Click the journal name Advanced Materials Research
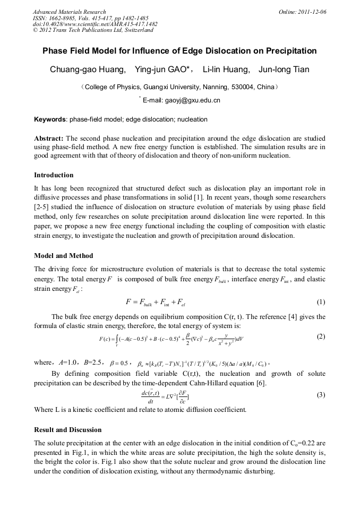click(x=70, y=12)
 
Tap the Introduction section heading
click(x=54, y=175)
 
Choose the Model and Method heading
click(x=63, y=255)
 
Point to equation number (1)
click(x=321, y=303)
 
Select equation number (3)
click(x=321, y=395)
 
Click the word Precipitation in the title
click(x=287, y=51)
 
